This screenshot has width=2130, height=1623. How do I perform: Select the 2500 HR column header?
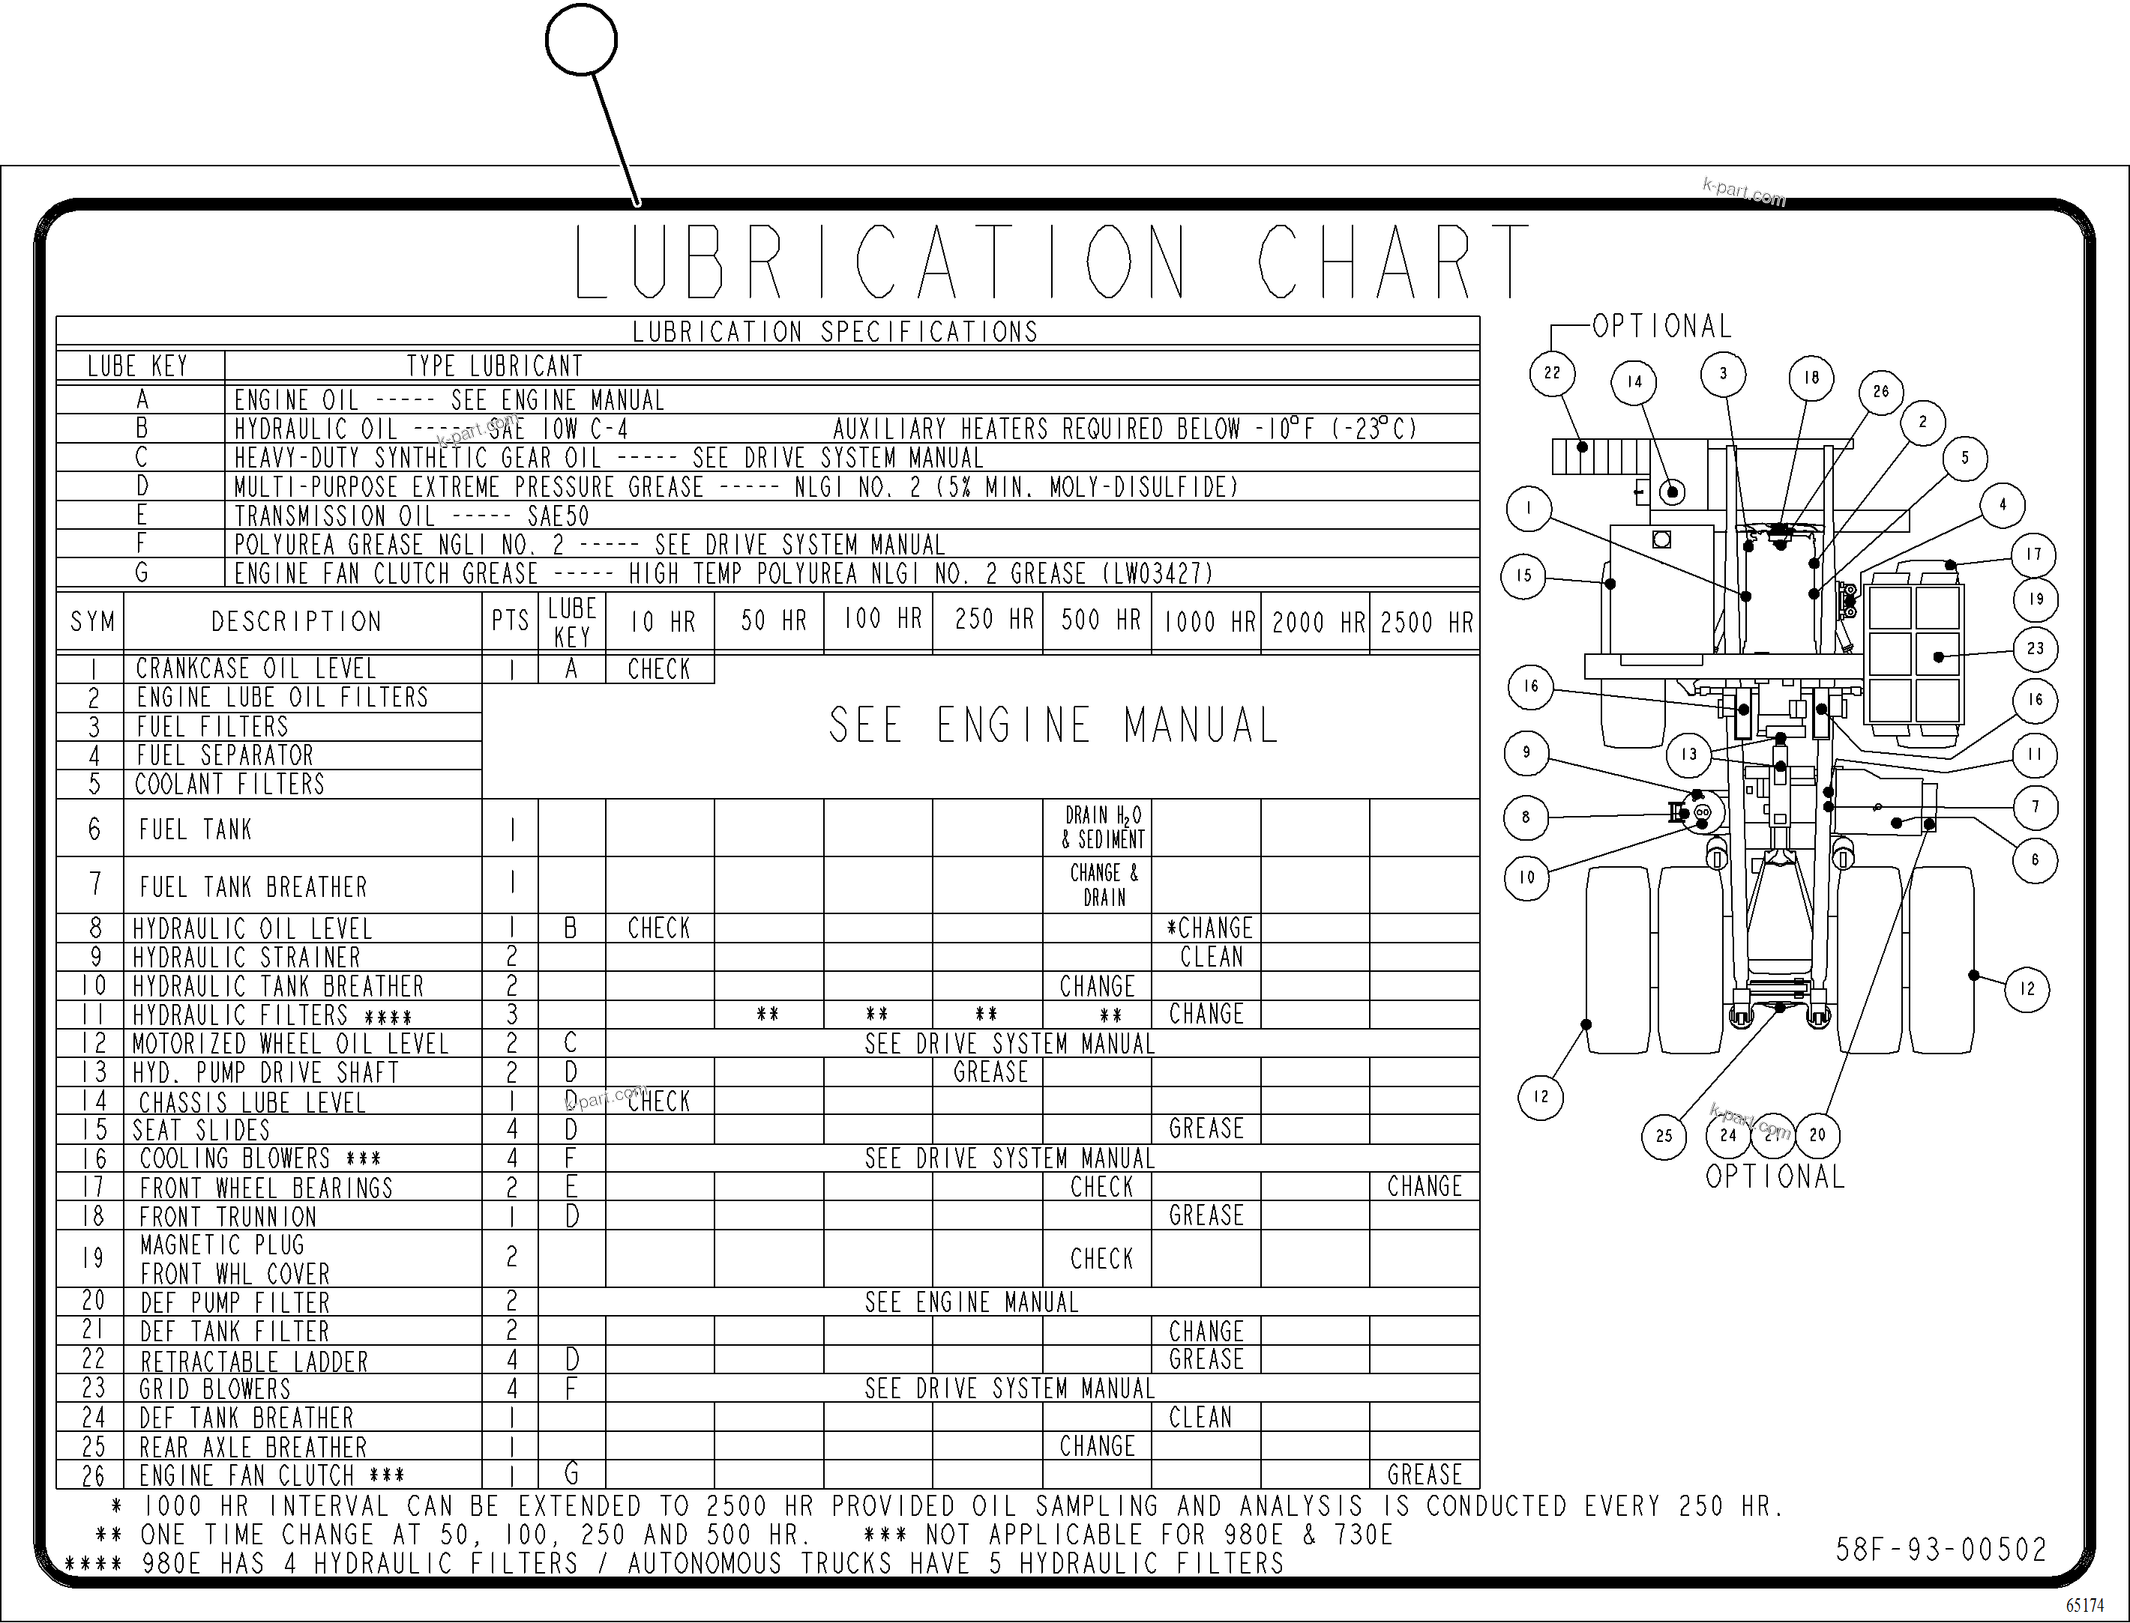point(1425,622)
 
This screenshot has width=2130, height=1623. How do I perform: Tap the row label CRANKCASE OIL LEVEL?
point(255,668)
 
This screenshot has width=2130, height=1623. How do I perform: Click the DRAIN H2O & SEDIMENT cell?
point(1103,828)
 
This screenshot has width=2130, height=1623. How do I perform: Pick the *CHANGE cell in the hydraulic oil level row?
point(1209,928)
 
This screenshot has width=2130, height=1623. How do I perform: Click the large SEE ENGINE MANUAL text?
point(1053,725)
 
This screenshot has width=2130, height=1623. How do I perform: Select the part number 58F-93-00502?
point(1940,1550)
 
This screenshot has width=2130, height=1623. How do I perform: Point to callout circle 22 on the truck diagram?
point(1552,374)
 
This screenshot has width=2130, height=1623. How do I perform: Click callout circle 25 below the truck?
point(1663,1136)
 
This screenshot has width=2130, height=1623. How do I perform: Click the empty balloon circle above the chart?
point(581,40)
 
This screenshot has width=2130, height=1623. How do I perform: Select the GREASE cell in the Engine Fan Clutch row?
point(1424,1474)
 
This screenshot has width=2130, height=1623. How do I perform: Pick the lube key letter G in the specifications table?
point(141,573)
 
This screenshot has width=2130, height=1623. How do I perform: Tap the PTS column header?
point(511,621)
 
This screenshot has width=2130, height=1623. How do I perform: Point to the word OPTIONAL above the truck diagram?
point(1661,327)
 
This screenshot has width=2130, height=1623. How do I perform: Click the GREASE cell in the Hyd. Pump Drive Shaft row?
point(990,1072)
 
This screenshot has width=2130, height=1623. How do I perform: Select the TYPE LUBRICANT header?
point(495,366)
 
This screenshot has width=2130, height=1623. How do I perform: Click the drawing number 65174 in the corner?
point(2084,1605)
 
